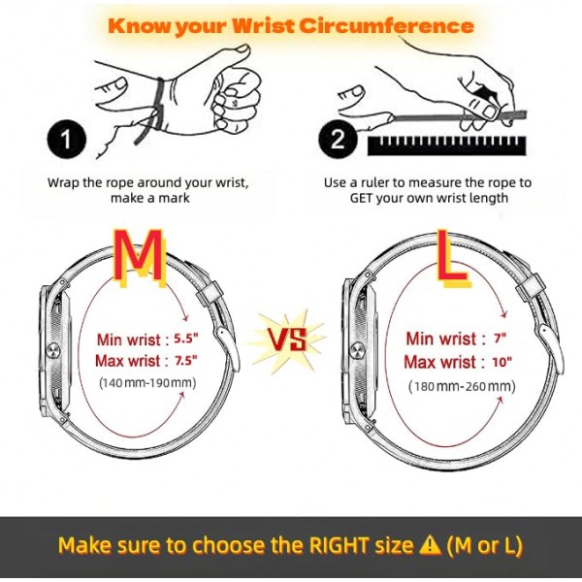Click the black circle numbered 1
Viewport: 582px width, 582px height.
click(x=67, y=139)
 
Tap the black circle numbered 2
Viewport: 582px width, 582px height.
click(x=338, y=139)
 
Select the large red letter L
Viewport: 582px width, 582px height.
click(x=452, y=257)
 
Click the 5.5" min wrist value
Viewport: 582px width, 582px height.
click(x=186, y=339)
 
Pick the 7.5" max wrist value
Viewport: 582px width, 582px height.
click(x=186, y=361)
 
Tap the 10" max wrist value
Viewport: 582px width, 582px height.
click(x=502, y=362)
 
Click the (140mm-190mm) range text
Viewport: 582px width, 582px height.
click(x=147, y=383)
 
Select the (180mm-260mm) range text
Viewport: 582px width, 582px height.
click(x=462, y=386)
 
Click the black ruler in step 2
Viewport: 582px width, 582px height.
click(x=447, y=145)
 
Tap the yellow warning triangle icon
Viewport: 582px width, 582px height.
click(x=430, y=545)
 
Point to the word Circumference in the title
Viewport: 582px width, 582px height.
click(x=386, y=26)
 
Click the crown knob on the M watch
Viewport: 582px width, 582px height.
click(x=52, y=350)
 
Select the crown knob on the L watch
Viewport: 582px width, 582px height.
click(x=357, y=350)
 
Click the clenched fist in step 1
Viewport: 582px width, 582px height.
click(x=236, y=100)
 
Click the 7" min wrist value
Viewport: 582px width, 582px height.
click(x=501, y=339)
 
